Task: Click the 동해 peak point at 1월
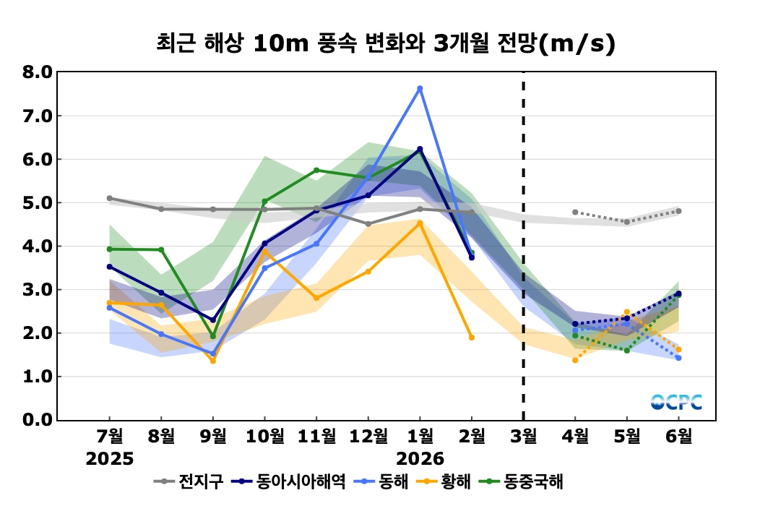click(x=420, y=88)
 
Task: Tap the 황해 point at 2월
click(x=472, y=338)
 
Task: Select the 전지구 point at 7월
click(x=109, y=198)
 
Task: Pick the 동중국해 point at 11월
click(x=316, y=170)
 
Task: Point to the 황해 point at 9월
click(x=212, y=361)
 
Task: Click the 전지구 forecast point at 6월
click(x=679, y=211)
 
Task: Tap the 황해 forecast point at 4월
click(x=575, y=360)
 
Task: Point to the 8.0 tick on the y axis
click(x=37, y=72)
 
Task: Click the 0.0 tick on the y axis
click(x=37, y=420)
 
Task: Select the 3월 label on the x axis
click(x=524, y=437)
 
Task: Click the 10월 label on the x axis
click(x=264, y=437)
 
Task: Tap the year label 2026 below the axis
click(x=420, y=459)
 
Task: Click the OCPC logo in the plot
click(x=676, y=403)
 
